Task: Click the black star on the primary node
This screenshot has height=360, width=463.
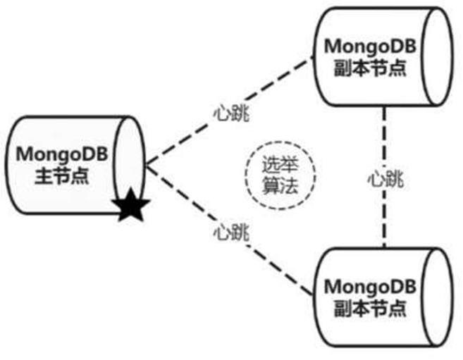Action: click(x=130, y=206)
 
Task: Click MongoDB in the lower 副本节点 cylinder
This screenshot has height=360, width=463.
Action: click(x=371, y=287)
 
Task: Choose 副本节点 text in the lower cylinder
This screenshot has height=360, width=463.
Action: click(x=371, y=308)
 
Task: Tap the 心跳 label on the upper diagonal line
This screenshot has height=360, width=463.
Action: click(x=230, y=112)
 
